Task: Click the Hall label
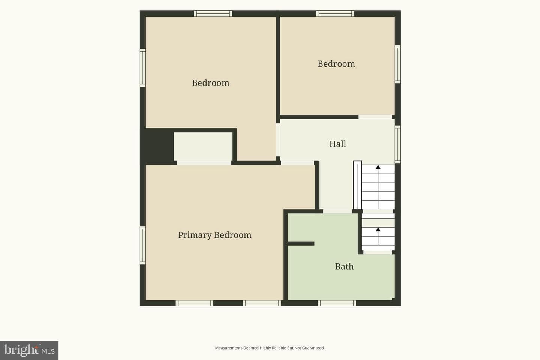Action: click(x=337, y=144)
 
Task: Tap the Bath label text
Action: click(x=344, y=267)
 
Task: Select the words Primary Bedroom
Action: click(x=214, y=235)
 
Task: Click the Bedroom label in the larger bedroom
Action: click(x=210, y=83)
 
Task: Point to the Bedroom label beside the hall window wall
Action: click(x=336, y=64)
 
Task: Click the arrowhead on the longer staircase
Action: click(x=378, y=167)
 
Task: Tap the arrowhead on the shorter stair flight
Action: click(x=378, y=229)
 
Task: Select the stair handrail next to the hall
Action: click(x=357, y=185)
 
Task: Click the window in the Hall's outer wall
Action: click(x=397, y=144)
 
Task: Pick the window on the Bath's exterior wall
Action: click(x=337, y=303)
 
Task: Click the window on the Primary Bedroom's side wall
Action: click(x=142, y=246)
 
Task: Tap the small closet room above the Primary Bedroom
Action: click(x=203, y=146)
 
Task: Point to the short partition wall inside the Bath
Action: click(x=301, y=243)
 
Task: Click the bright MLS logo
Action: click(x=29, y=350)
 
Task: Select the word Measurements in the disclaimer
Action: click(x=229, y=348)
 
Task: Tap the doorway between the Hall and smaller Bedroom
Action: click(x=375, y=117)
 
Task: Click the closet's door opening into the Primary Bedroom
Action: click(x=204, y=163)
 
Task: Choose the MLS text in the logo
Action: click(x=48, y=351)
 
